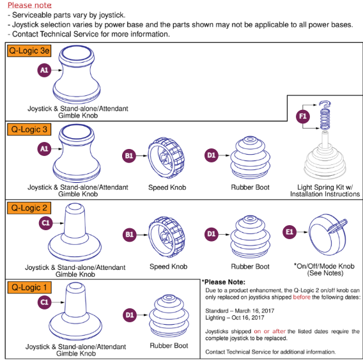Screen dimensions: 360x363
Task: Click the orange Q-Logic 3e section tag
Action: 29,51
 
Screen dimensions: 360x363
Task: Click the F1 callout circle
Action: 303,116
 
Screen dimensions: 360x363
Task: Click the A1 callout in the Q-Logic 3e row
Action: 44,72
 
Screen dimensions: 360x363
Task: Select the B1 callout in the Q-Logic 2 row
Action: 128,234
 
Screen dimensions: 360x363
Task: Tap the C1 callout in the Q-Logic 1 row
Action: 44,301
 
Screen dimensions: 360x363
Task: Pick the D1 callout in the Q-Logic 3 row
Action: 211,155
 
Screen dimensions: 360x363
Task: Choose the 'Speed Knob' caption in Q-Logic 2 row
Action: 167,267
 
